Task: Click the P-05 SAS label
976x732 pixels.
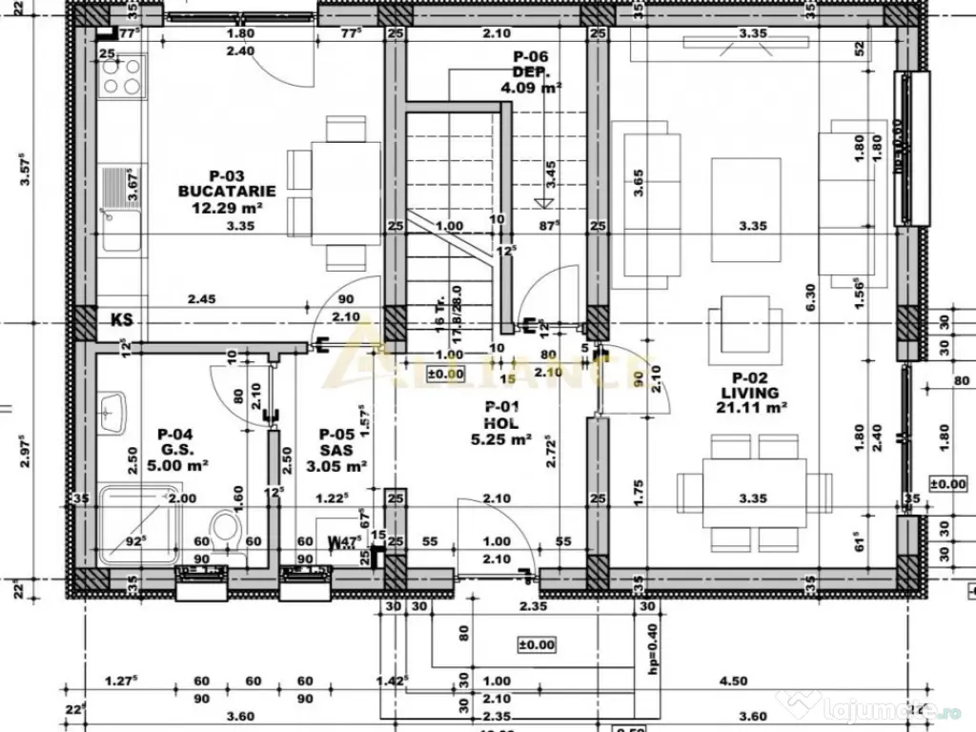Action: (337, 450)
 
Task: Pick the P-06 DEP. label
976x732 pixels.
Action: (531, 71)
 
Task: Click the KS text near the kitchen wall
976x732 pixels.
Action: (121, 319)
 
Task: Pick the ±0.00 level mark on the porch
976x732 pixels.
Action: (536, 644)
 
